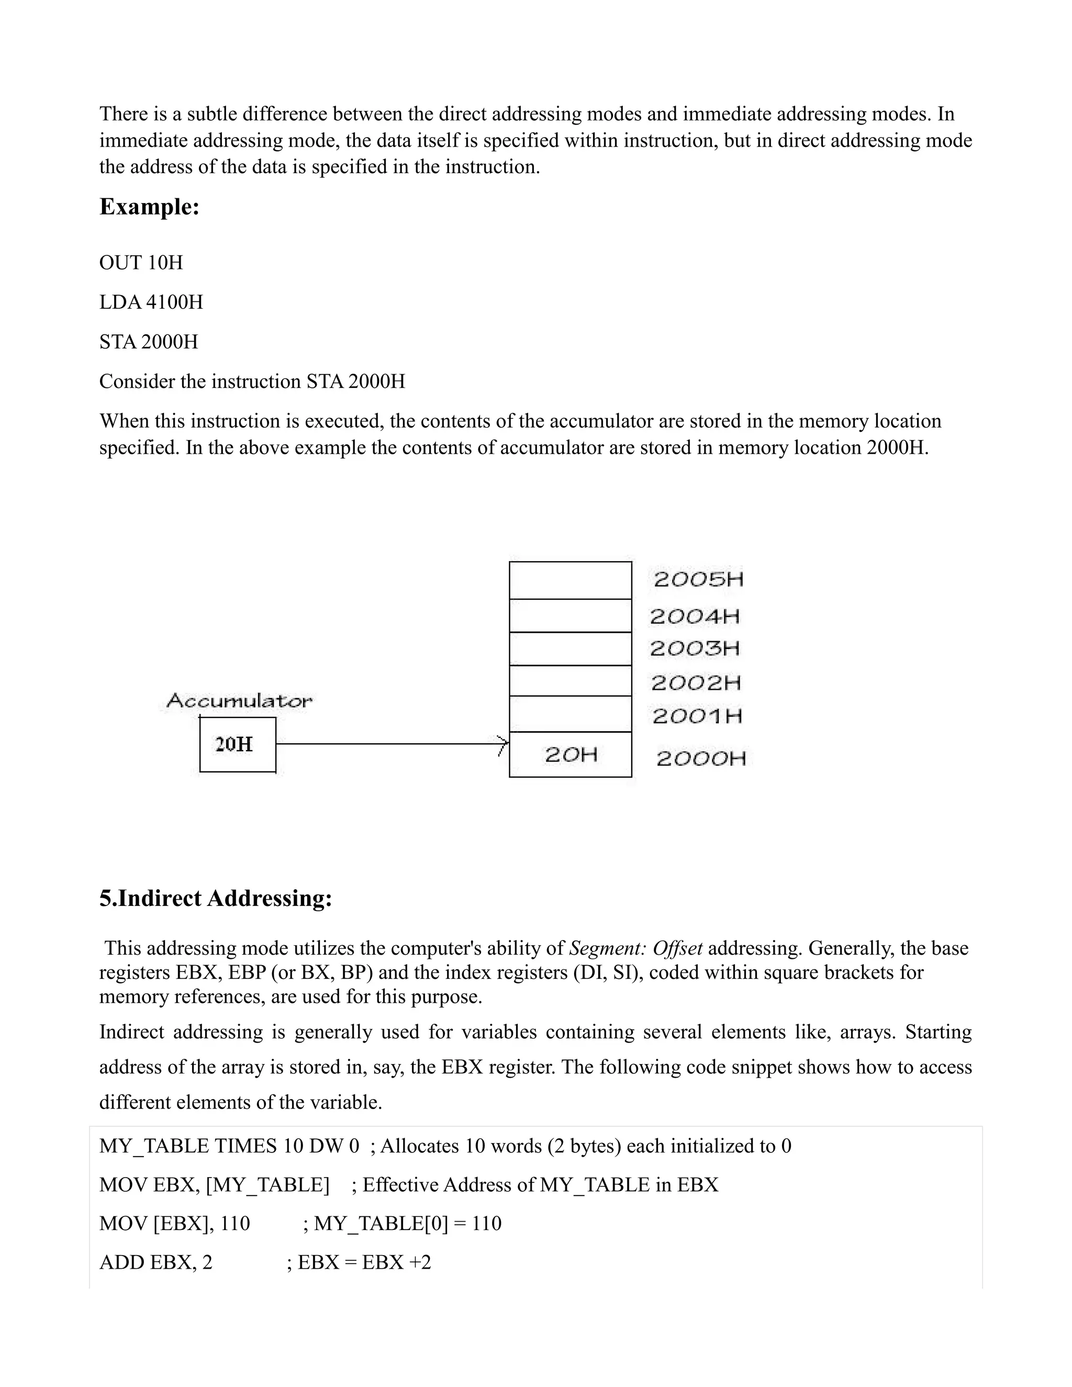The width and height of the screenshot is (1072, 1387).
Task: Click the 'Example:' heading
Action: coord(149,207)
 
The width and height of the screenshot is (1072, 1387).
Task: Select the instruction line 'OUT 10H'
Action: coord(141,262)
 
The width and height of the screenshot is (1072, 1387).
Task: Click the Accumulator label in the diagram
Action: coord(239,701)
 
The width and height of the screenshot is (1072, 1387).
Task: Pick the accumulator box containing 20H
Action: coord(238,744)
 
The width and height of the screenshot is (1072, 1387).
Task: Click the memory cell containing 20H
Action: coord(571,754)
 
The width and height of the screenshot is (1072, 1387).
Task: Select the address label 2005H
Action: coord(698,579)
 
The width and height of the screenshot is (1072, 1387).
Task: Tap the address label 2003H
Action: coord(695,648)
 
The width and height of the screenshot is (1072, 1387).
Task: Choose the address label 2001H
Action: coord(697,717)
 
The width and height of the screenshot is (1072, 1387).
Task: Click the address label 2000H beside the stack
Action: coord(701,758)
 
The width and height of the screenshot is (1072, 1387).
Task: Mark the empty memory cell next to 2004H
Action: coord(571,616)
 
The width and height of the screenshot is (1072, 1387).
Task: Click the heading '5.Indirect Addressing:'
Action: coord(216,899)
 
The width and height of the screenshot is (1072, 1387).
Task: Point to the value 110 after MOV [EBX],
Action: coord(235,1223)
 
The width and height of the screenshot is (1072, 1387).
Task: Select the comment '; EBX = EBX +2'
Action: coord(359,1262)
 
